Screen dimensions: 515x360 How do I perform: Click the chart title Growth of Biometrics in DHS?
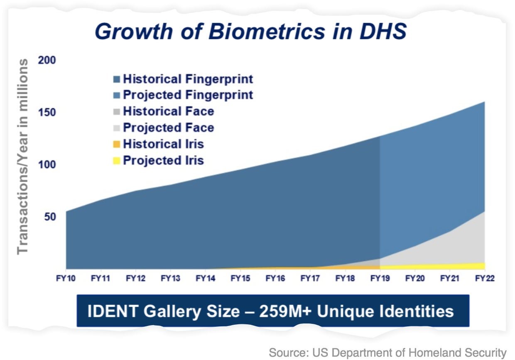pos(250,32)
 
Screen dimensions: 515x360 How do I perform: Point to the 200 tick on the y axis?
pos(47,60)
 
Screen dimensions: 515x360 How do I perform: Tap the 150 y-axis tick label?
pos(47,113)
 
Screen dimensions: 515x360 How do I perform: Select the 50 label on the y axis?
pos(50,217)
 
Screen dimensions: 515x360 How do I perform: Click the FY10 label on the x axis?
pos(66,278)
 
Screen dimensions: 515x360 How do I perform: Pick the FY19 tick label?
pos(380,278)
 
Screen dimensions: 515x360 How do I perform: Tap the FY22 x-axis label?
pos(485,278)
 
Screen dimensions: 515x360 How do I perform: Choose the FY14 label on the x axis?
pos(205,278)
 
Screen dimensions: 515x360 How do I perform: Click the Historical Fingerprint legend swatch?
pos(117,79)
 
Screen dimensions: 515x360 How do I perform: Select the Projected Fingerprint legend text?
pos(188,95)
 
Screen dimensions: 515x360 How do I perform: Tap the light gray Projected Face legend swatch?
pos(117,128)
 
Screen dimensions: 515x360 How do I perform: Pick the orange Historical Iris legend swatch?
pos(117,144)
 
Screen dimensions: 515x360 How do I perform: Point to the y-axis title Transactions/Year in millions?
pos(22,156)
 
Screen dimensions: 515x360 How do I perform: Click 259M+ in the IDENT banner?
pos(285,311)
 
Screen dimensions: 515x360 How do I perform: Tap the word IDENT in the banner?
pos(113,311)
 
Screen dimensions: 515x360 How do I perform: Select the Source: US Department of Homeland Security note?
pos(387,353)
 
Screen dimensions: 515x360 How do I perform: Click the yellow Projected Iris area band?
pos(432,267)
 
